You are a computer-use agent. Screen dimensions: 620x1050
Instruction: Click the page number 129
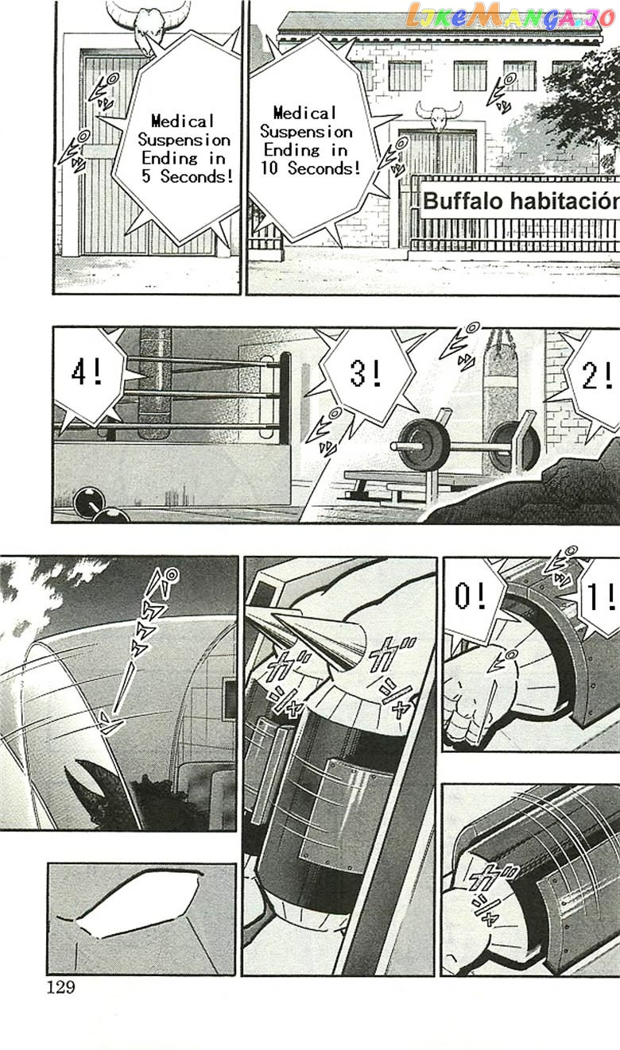coord(61,986)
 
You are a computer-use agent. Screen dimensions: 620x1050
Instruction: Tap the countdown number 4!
coord(87,373)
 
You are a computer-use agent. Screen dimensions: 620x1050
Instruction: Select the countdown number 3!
coord(366,373)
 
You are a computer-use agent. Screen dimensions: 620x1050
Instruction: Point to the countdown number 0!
coord(470,596)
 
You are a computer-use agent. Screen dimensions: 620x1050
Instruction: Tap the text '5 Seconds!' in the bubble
coord(187,176)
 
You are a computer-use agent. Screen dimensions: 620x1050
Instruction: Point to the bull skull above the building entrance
coord(438,115)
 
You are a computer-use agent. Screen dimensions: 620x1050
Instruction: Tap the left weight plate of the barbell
coord(423,444)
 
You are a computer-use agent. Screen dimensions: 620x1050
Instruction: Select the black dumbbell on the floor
coord(101,506)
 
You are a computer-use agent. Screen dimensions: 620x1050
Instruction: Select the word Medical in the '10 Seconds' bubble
coord(305,113)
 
